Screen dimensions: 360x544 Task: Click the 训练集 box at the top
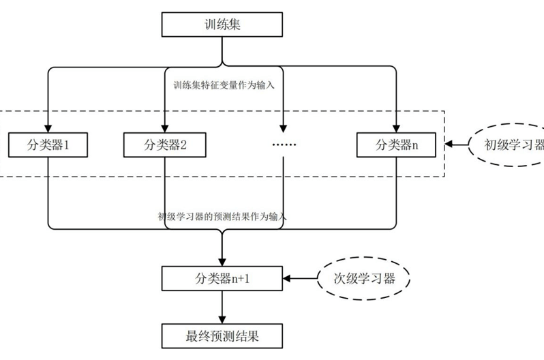point(222,26)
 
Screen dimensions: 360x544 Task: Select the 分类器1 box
point(46,145)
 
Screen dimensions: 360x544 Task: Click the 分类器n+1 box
point(222,277)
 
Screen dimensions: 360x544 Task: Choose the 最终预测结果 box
point(222,336)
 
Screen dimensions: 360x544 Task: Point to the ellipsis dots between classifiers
point(283,145)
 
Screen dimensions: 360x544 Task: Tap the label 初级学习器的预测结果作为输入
point(222,217)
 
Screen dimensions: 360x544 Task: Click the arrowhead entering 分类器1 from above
point(46,127)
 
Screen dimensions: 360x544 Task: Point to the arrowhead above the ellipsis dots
point(283,127)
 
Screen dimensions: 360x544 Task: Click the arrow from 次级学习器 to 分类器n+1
point(300,277)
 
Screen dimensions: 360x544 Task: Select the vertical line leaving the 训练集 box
point(222,51)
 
